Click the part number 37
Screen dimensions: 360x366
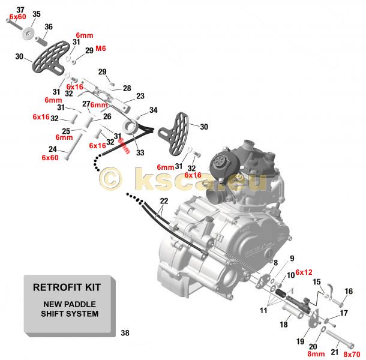tap(20, 10)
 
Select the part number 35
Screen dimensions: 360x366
tap(36, 14)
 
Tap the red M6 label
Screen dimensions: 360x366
tap(101, 48)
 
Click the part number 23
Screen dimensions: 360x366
tap(140, 96)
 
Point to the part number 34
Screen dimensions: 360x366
tap(153, 110)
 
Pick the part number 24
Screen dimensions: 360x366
tap(52, 149)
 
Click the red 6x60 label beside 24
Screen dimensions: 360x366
tap(50, 157)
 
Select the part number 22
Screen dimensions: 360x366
tap(164, 200)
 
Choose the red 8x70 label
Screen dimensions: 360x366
tap(353, 355)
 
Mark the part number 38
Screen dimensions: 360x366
tap(124, 333)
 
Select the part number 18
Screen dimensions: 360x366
tap(284, 325)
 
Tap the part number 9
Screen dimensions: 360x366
tap(292, 259)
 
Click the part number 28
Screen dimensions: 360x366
tap(127, 88)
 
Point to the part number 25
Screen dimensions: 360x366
tap(66, 130)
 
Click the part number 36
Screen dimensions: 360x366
tap(49, 26)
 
